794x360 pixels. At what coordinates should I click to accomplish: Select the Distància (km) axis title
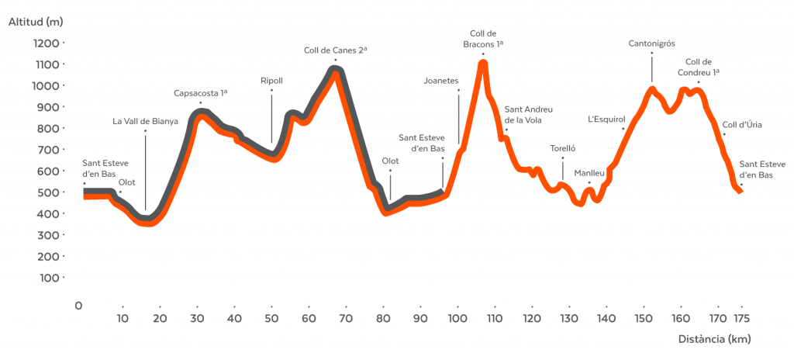tap(714, 339)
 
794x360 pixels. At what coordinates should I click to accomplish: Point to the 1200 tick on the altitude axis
tap(47, 43)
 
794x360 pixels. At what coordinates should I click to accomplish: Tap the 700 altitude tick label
tap(49, 150)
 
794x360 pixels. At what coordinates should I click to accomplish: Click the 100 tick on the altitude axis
tap(49, 278)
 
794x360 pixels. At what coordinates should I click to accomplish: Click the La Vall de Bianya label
tap(146, 121)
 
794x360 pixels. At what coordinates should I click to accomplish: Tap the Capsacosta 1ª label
tap(200, 93)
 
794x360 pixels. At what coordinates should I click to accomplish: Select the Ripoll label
tap(271, 81)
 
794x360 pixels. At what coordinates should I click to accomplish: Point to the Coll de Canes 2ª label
tap(335, 50)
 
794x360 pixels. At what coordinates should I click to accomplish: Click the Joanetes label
tap(442, 80)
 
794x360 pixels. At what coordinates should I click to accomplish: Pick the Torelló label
tap(563, 148)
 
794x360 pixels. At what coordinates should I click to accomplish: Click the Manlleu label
tap(589, 172)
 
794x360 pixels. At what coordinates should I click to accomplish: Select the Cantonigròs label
tap(651, 44)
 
